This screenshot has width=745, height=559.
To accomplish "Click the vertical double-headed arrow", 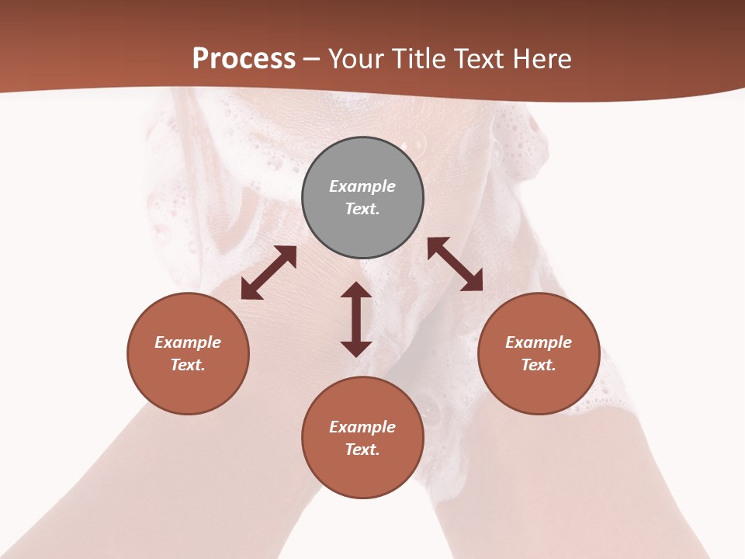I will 356,320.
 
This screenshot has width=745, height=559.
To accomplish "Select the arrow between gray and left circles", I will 269,273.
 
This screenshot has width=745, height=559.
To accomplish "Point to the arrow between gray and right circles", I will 455,264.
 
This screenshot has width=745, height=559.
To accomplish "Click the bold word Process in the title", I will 244,59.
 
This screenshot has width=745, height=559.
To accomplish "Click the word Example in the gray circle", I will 362,186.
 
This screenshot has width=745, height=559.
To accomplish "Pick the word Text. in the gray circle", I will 362,209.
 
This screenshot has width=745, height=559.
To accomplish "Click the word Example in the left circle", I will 188,342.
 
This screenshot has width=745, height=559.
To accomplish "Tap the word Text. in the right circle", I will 539,365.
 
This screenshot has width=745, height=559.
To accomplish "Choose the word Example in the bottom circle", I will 362,427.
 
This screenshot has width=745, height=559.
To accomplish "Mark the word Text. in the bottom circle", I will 362,450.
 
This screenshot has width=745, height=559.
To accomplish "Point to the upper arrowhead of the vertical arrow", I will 356,290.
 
